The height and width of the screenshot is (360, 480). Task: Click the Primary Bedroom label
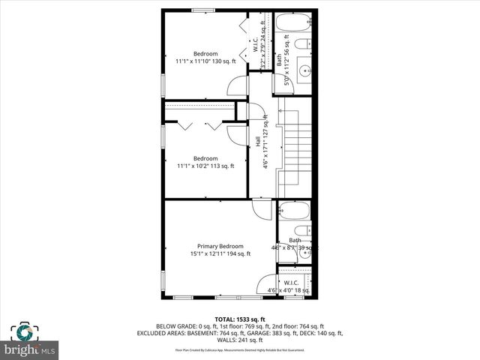(x=220, y=246)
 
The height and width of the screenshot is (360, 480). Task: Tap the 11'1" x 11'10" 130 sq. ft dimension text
(x=205, y=61)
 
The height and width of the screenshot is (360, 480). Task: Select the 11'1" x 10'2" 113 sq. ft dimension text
(x=205, y=166)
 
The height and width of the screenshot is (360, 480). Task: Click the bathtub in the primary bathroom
(x=295, y=211)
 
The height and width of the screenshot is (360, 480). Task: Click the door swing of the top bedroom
(x=238, y=85)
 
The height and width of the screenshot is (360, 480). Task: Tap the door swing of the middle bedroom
(x=237, y=135)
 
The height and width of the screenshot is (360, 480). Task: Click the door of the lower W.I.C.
(x=267, y=286)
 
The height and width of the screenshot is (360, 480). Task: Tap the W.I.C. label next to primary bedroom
(x=292, y=282)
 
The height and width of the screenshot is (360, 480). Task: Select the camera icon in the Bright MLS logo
(x=23, y=332)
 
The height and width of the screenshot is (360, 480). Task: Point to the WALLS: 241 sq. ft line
(x=240, y=340)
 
